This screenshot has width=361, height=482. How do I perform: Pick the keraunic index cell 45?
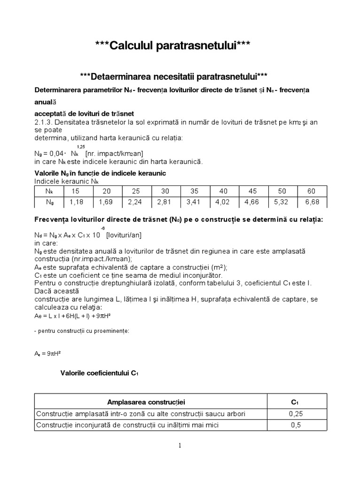point(252,191)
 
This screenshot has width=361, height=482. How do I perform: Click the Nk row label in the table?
point(49,191)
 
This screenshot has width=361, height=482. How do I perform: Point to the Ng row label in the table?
point(49,202)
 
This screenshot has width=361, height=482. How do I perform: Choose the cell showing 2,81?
point(165,202)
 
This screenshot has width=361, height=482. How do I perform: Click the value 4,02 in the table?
point(223,202)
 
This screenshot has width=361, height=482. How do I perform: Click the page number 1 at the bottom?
point(180,446)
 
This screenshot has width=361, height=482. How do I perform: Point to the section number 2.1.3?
point(45,122)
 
